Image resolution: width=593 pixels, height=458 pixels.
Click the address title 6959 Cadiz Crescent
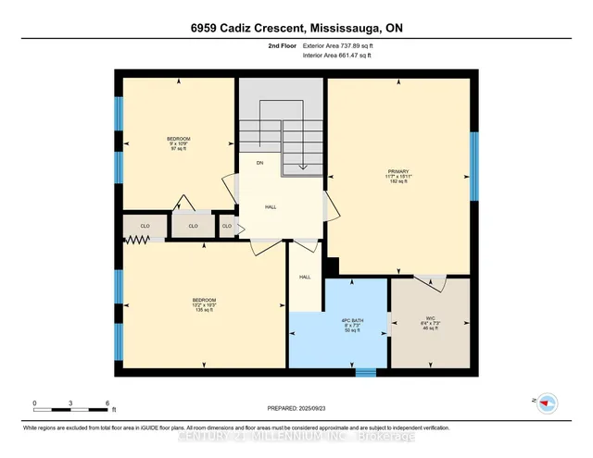(296, 28)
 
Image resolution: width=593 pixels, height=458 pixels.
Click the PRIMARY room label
(397, 172)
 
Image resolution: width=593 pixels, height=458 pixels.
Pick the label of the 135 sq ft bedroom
(204, 305)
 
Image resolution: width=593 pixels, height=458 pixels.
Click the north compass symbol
(547, 402)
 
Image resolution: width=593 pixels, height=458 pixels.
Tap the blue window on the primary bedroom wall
(473, 167)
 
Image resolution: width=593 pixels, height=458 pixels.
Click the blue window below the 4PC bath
(366, 373)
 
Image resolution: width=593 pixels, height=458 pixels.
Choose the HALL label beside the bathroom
(304, 277)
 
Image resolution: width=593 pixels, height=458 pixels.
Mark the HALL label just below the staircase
(271, 207)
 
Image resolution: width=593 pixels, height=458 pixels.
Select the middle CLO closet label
(193, 225)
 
